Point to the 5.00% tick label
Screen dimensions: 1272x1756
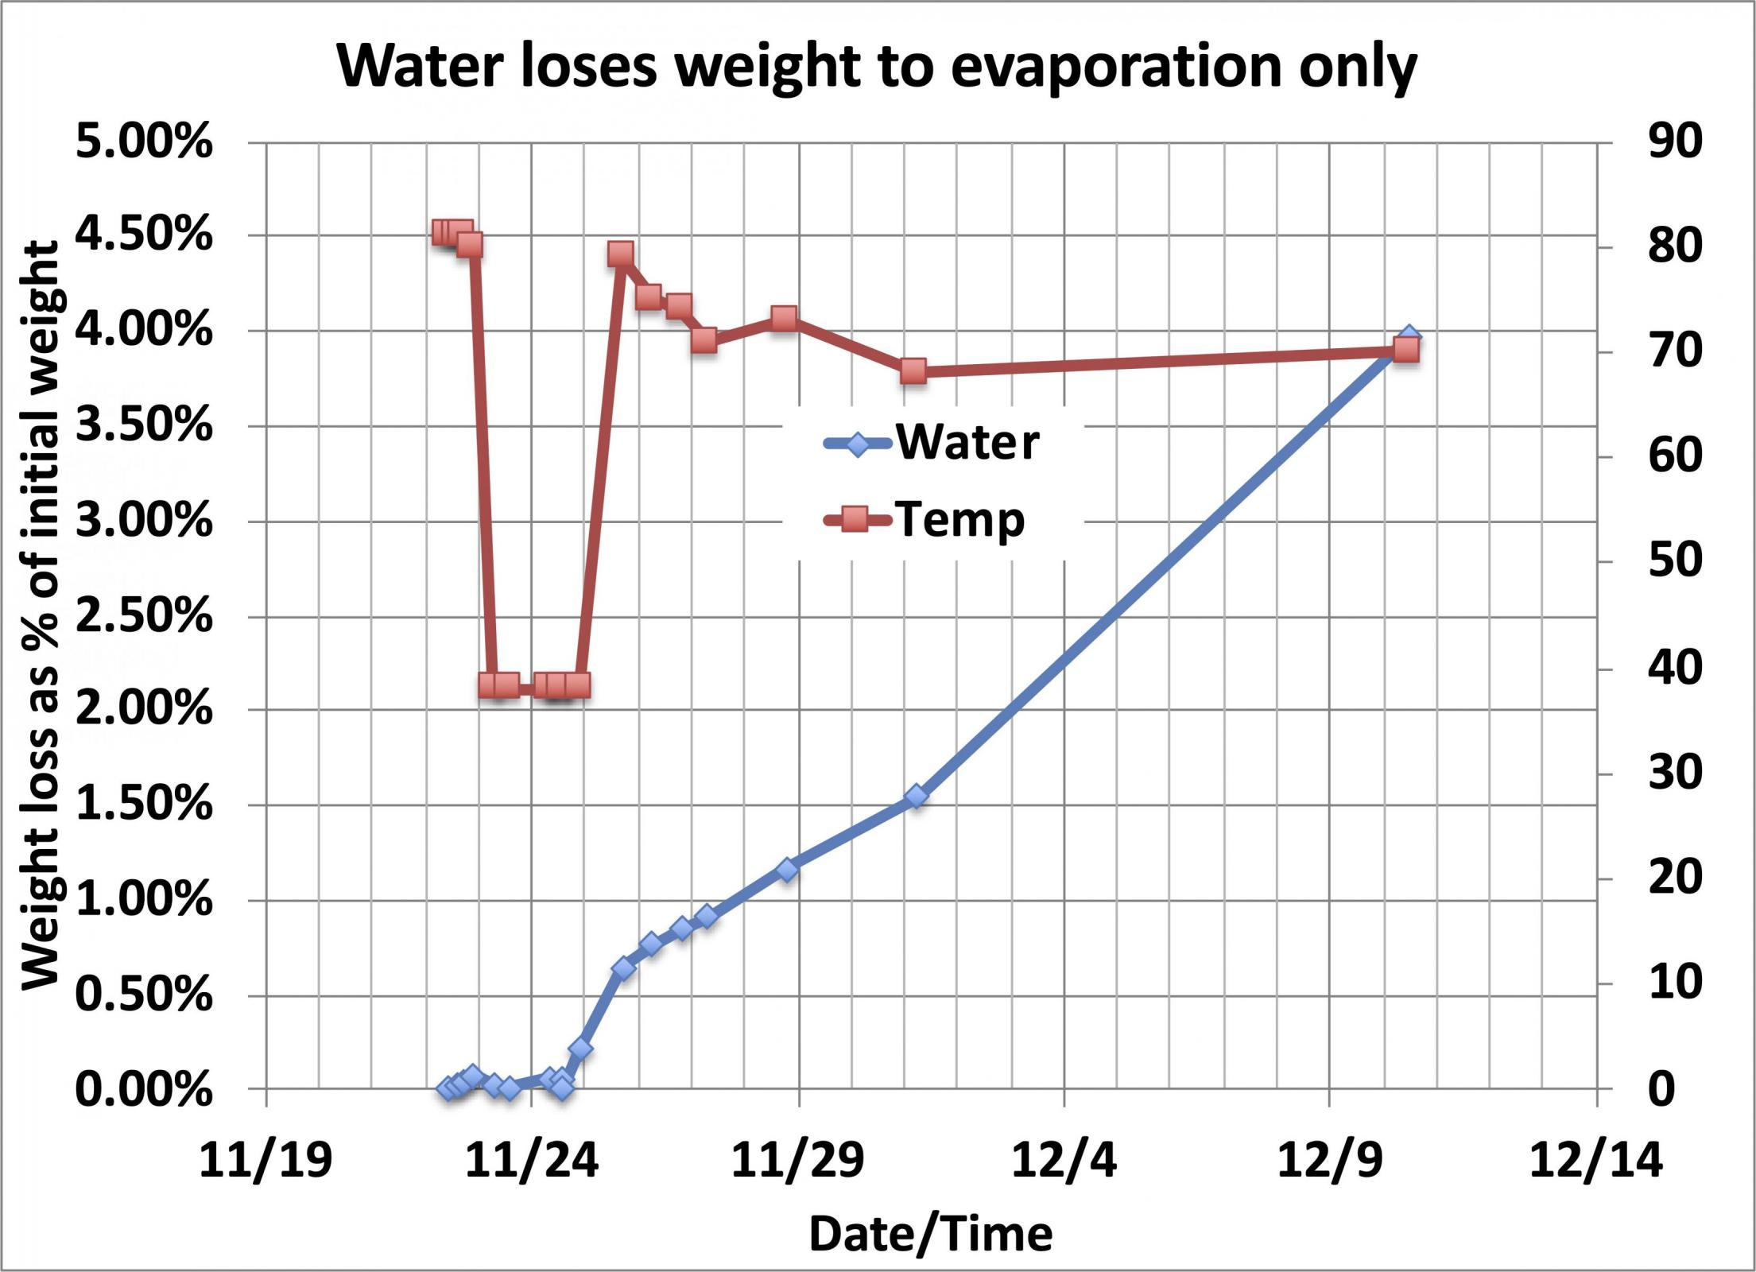tap(144, 144)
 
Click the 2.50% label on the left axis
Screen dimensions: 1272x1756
tap(144, 616)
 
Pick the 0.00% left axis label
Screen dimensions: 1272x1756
tap(144, 1089)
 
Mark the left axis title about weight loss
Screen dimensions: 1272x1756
tap(40, 616)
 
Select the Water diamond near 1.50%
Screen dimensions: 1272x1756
tap(917, 796)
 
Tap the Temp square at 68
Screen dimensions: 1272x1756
tap(914, 371)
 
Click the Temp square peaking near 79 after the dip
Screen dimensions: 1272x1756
tap(621, 254)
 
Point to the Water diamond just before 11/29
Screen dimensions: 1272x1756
tap(787, 870)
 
